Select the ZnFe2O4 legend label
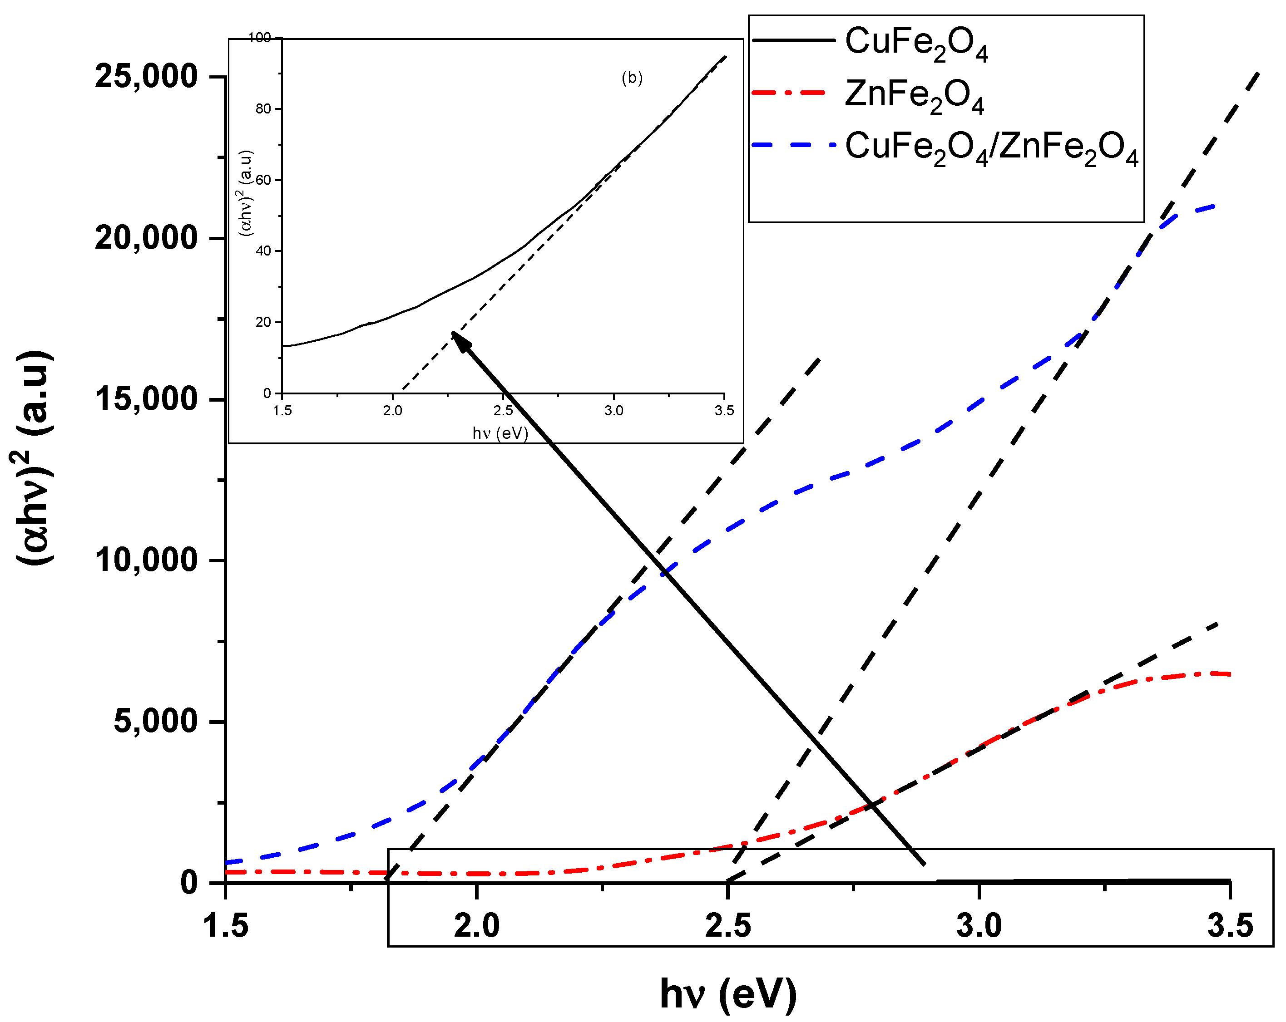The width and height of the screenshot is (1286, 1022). (x=913, y=95)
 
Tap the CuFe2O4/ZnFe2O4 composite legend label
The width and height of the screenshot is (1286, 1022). (x=991, y=147)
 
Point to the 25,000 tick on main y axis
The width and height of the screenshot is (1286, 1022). (x=146, y=76)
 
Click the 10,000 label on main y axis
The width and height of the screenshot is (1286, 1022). (x=146, y=560)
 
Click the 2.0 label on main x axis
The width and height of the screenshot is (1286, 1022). (x=477, y=926)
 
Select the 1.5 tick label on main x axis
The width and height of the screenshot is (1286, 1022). (x=226, y=926)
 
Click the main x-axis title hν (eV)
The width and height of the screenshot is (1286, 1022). (x=728, y=993)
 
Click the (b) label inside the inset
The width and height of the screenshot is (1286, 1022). (x=632, y=78)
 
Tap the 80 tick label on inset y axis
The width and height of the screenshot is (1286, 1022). (x=263, y=108)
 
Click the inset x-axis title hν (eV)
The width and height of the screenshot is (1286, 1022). (x=500, y=433)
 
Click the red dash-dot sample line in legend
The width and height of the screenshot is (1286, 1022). (x=789, y=93)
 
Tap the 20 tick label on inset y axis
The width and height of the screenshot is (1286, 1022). (x=263, y=322)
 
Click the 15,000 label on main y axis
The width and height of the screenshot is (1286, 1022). (x=146, y=399)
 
